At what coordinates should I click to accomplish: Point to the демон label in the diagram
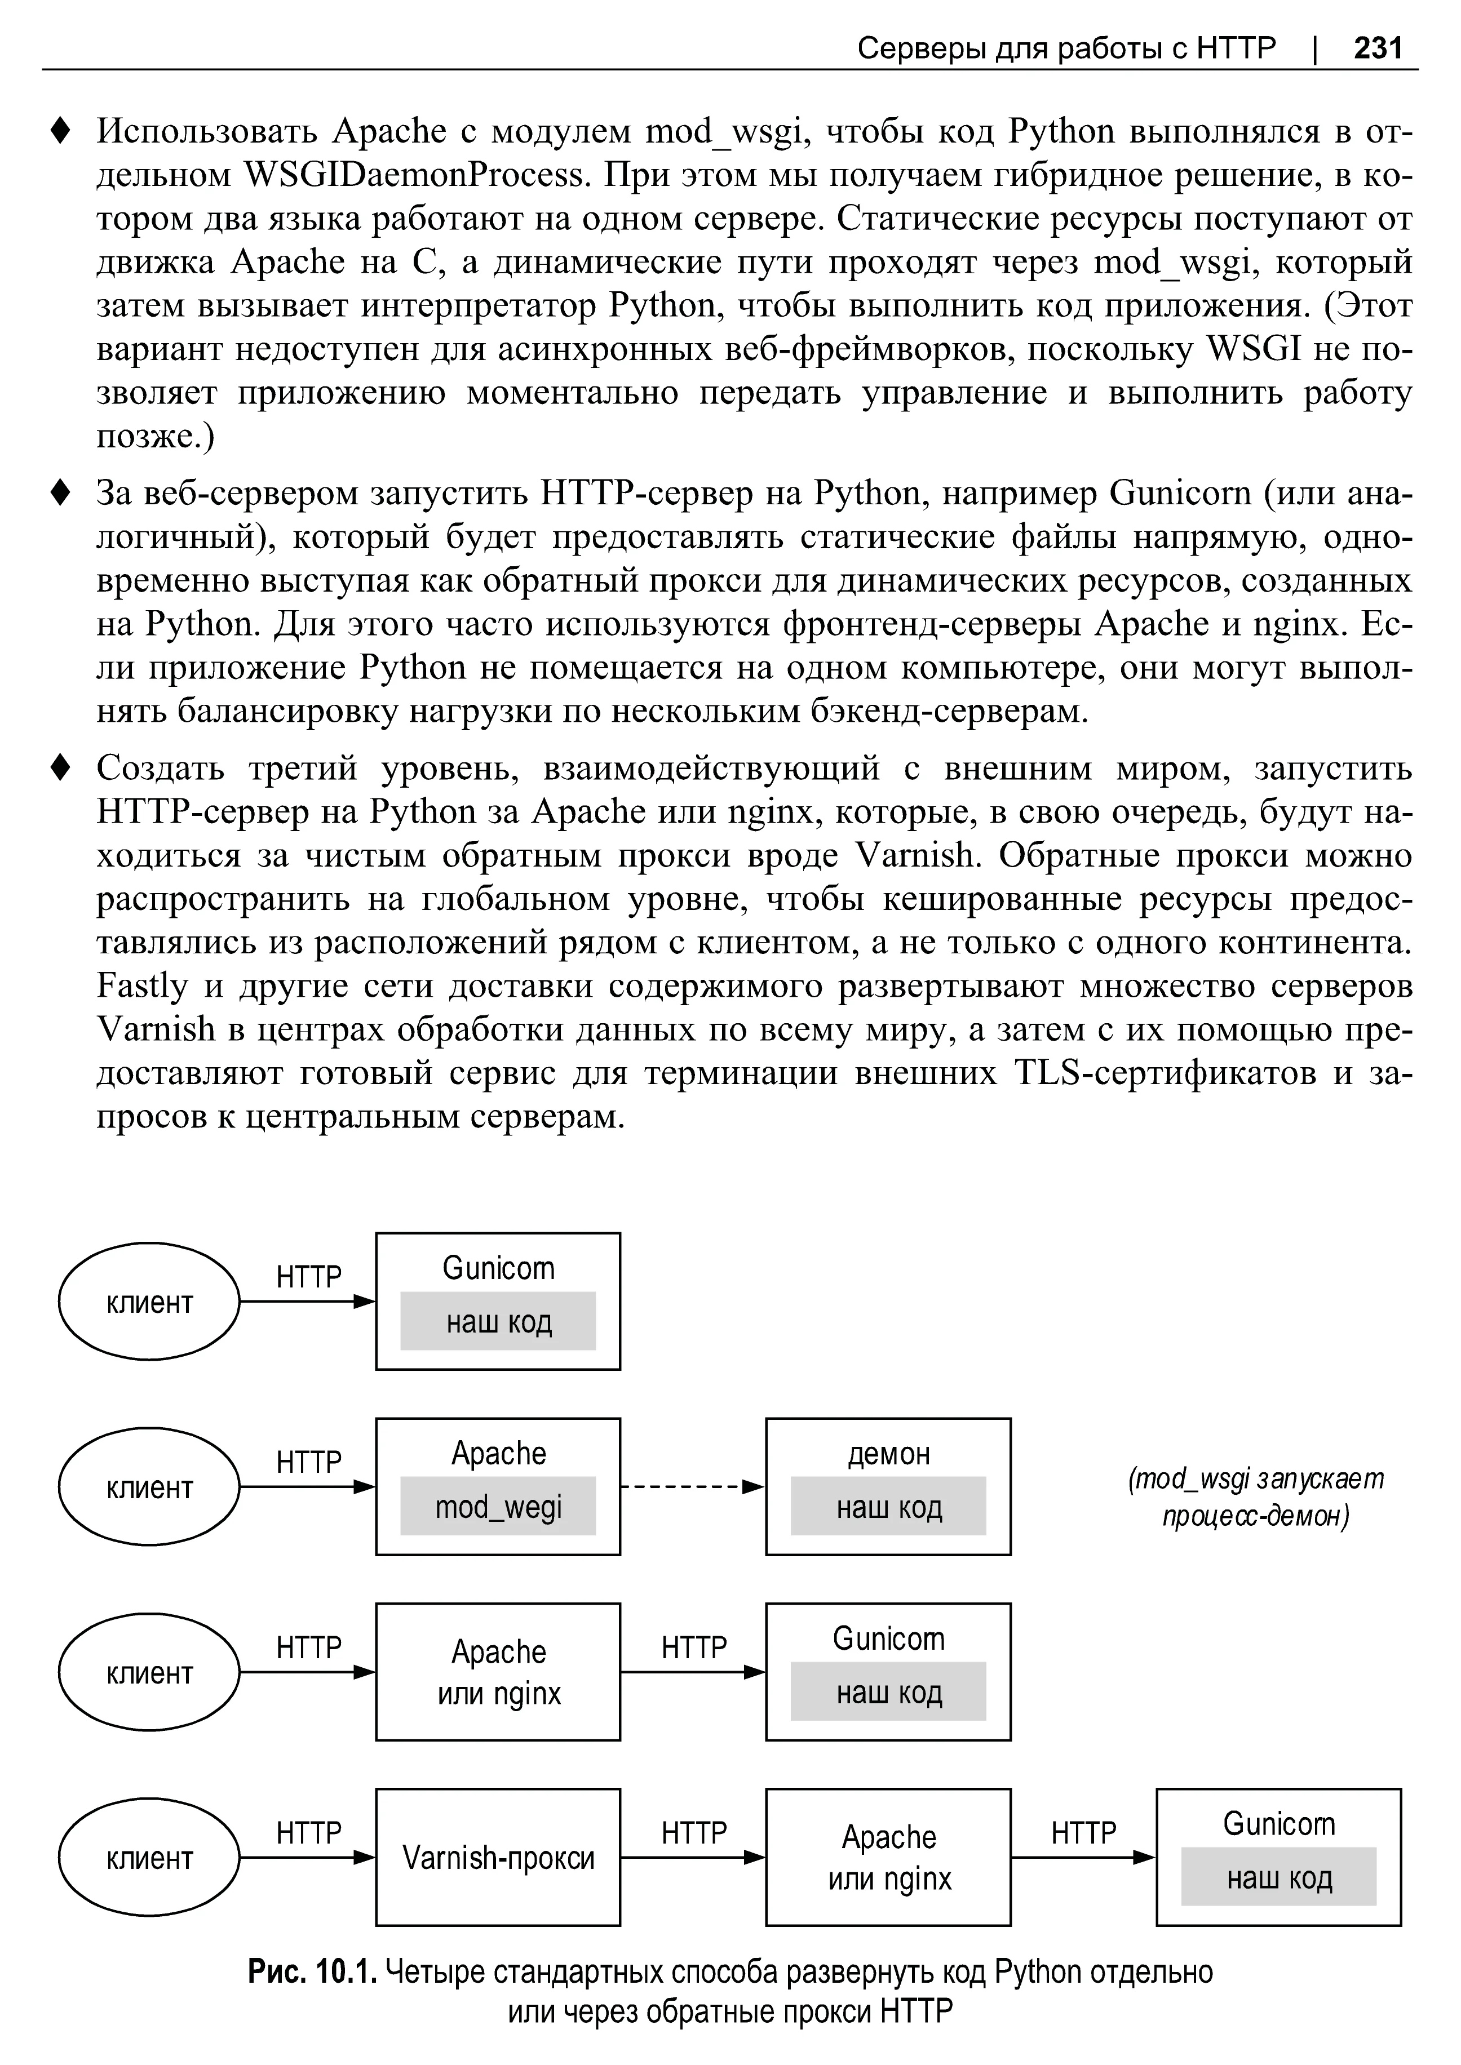click(x=888, y=1454)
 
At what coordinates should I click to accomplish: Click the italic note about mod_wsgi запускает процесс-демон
click(x=1255, y=1498)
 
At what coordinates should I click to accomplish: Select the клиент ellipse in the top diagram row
click(x=149, y=1302)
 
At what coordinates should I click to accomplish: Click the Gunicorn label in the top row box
click(x=498, y=1268)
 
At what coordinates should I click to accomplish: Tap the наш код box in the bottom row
click(x=1278, y=1877)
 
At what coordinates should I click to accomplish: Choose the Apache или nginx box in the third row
click(x=498, y=1672)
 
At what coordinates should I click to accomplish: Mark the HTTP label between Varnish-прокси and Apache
click(x=694, y=1832)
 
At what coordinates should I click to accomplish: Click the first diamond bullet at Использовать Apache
click(x=60, y=131)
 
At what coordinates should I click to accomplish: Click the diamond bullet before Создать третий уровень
click(x=60, y=769)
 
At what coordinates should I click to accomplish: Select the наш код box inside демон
click(x=888, y=1507)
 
